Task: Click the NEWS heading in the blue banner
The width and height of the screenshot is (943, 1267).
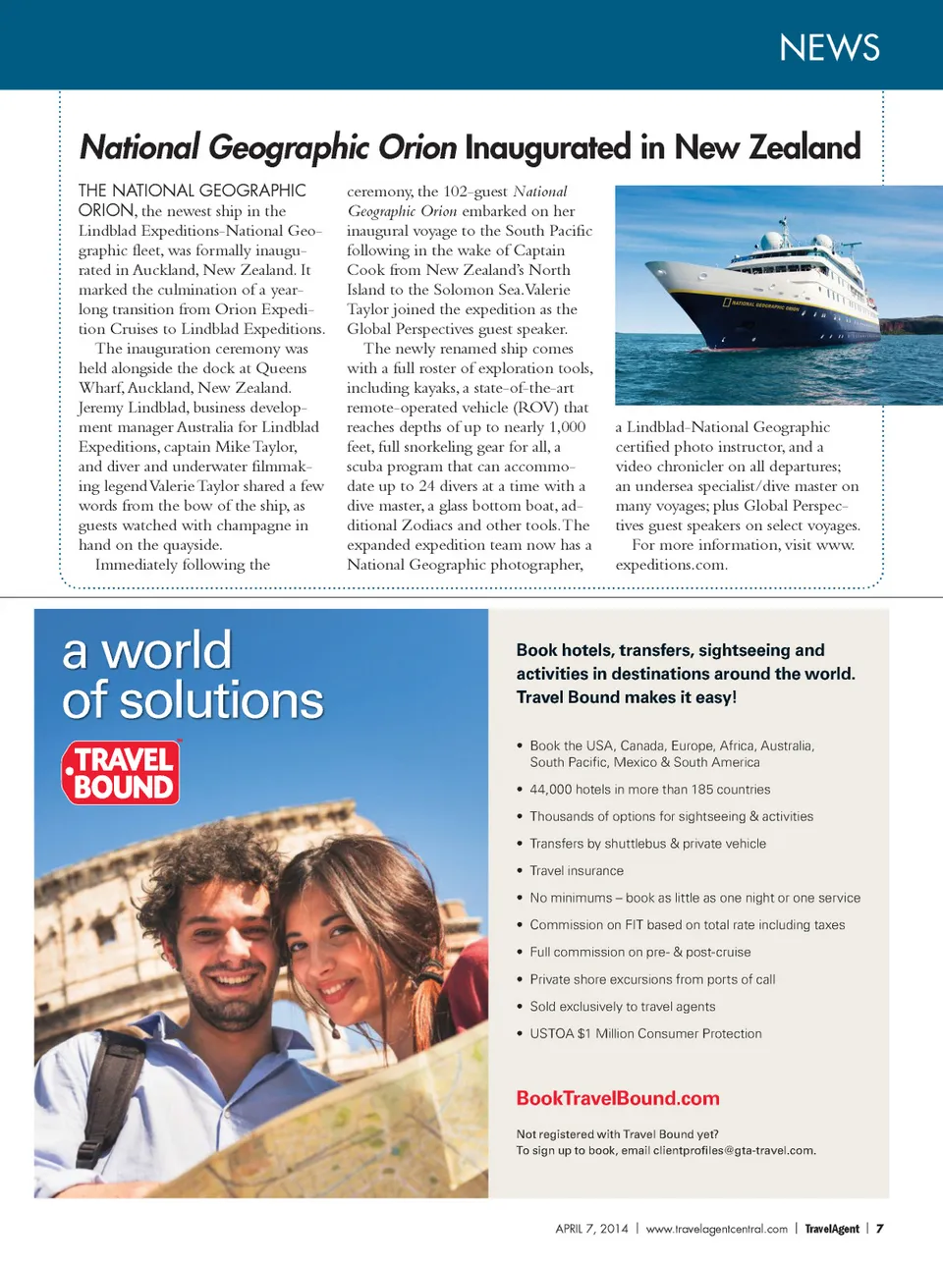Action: click(x=829, y=47)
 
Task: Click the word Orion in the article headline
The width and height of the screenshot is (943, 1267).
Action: click(x=417, y=147)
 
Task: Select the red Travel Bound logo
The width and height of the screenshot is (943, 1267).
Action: click(x=122, y=773)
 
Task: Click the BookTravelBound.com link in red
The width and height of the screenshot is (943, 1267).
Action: click(x=618, y=1098)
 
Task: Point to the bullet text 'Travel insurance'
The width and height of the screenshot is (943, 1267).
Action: click(x=577, y=871)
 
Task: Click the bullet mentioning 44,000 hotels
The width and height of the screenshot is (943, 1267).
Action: click(x=649, y=790)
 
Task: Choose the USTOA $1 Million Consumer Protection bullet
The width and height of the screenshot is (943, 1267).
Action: click(x=645, y=1034)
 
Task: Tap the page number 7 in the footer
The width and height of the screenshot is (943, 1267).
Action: click(x=880, y=1229)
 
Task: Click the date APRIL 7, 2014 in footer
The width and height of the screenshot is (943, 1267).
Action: click(x=591, y=1229)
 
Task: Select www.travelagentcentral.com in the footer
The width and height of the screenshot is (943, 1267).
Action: click(x=717, y=1229)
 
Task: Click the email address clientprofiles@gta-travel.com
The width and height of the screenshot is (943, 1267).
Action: click(x=734, y=1151)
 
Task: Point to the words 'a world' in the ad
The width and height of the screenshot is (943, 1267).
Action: click(x=147, y=650)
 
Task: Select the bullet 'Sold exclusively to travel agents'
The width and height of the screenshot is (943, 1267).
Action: click(x=623, y=1007)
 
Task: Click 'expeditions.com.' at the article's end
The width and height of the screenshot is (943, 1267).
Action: click(x=671, y=565)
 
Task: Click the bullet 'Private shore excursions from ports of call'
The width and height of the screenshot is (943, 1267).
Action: click(x=652, y=980)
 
